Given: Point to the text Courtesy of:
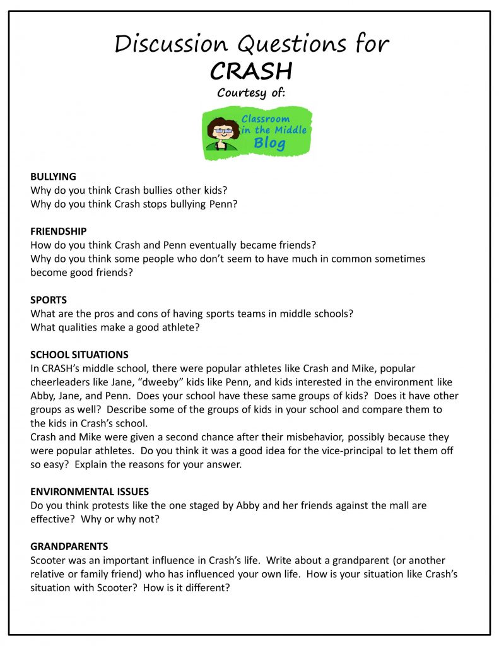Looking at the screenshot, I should click(251, 93).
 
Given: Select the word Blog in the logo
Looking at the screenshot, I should click(269, 143).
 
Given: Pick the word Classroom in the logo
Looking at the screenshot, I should click(266, 118).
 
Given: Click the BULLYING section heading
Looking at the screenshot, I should click(53, 177).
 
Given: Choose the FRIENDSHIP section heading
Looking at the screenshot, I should click(59, 232).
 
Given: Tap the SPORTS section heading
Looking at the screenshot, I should click(49, 300).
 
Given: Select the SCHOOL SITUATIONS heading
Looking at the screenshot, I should click(79, 355).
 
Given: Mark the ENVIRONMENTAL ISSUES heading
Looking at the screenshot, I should click(90, 491).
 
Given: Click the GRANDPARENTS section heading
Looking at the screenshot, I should click(69, 546).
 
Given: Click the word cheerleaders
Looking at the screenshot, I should click(59, 382).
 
